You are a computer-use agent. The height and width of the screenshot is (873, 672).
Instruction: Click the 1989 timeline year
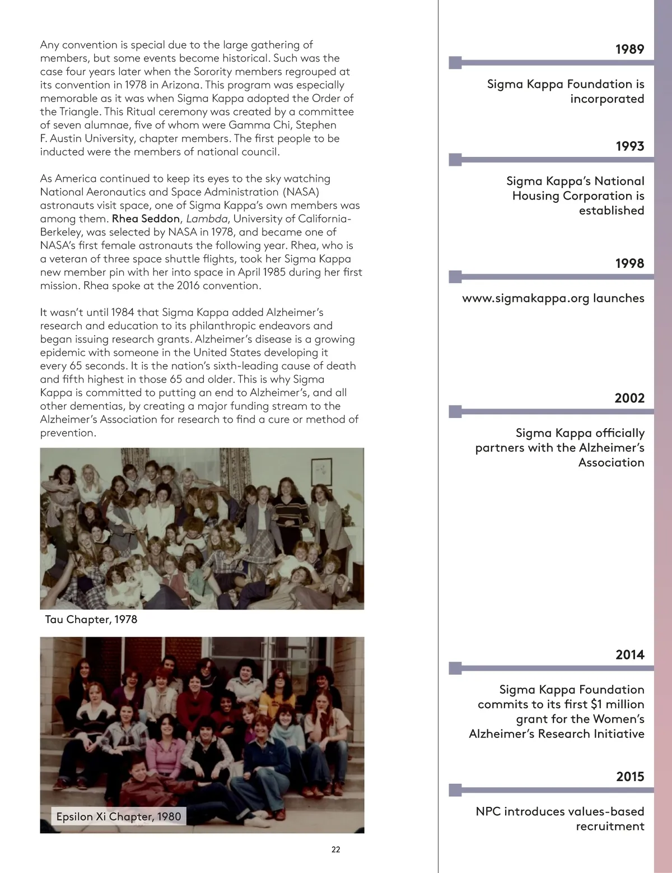pyautogui.click(x=629, y=49)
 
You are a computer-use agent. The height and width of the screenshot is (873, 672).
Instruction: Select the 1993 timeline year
pyautogui.click(x=629, y=146)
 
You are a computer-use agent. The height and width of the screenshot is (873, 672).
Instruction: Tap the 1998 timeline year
pyautogui.click(x=629, y=263)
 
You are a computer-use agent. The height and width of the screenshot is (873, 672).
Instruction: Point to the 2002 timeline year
pyautogui.click(x=629, y=398)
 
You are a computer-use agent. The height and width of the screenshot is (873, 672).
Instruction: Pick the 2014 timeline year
pyautogui.click(x=629, y=654)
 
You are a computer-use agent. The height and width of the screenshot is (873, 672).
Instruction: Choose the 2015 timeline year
pyautogui.click(x=629, y=777)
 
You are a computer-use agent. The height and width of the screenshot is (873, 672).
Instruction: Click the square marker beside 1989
pyautogui.click(x=456, y=62)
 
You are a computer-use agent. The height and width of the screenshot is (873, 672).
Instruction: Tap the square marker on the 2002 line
pyautogui.click(x=456, y=411)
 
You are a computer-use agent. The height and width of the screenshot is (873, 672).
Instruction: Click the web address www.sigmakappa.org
pyautogui.click(x=525, y=298)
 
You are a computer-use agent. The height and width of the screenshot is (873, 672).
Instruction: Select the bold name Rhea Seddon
pyautogui.click(x=146, y=219)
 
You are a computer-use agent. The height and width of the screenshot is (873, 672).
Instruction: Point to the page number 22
pyautogui.click(x=336, y=849)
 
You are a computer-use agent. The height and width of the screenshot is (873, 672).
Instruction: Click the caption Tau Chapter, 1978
pyautogui.click(x=91, y=619)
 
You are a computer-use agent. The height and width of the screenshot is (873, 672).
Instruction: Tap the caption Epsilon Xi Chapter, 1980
pyautogui.click(x=119, y=816)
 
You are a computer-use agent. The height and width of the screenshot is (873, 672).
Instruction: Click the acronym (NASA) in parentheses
pyautogui.click(x=301, y=192)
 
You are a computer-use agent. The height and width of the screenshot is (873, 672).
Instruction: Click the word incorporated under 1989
pyautogui.click(x=607, y=99)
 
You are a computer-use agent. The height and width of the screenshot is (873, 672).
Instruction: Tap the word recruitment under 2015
pyautogui.click(x=610, y=826)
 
